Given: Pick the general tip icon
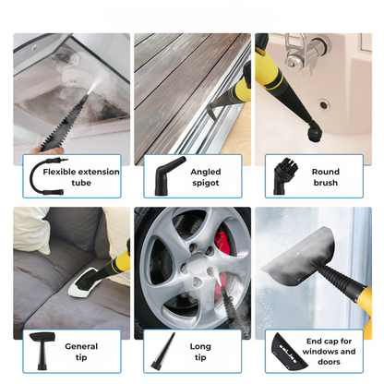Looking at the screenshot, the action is (x=42, y=351).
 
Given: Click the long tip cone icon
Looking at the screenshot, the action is (x=163, y=351).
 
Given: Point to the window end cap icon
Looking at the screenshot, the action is (x=288, y=351).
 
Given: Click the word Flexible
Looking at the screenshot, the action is (x=59, y=172).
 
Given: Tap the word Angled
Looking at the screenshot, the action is (x=206, y=172).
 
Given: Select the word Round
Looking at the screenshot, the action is (x=326, y=172).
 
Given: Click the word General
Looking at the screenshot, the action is (x=81, y=346).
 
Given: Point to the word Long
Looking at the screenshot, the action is (x=200, y=346).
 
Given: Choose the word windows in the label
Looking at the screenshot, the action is (x=320, y=352).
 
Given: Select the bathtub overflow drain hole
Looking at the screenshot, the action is (x=323, y=104).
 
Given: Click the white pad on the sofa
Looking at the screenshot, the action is (x=81, y=283).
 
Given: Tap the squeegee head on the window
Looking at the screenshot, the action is (x=298, y=256).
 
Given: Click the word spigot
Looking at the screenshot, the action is (x=206, y=183).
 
